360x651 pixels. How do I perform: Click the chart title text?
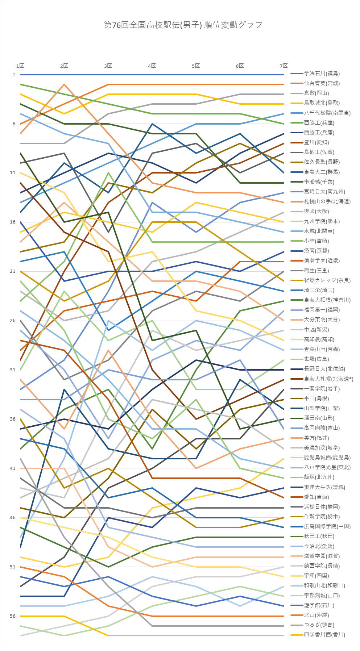(x=183, y=25)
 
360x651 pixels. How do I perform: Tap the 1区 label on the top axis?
(x=20, y=66)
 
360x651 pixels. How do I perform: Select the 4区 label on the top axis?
(x=152, y=66)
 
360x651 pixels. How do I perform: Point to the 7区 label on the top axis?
(x=284, y=66)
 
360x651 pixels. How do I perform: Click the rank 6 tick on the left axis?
(x=14, y=124)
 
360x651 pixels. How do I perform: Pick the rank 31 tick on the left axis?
(x=14, y=370)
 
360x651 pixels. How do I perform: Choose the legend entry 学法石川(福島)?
(x=322, y=74)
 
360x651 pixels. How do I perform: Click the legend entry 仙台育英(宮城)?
(x=322, y=83)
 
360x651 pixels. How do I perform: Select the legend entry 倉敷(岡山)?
(x=316, y=93)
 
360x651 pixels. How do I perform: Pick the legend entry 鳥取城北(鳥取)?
(x=322, y=103)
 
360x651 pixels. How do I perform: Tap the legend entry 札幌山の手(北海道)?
(x=327, y=201)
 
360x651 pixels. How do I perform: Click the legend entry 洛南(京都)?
(x=316, y=251)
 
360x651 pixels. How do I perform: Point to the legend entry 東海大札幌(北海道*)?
(x=328, y=379)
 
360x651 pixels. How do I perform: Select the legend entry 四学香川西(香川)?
(x=324, y=635)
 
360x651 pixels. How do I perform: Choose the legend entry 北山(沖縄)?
(x=316, y=615)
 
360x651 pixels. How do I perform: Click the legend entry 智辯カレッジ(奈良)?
(x=327, y=280)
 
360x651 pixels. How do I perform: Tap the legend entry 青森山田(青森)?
(x=322, y=349)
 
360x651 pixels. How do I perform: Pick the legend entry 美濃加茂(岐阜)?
(x=322, y=448)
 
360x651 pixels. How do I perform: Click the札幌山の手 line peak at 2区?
(x=64, y=84)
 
